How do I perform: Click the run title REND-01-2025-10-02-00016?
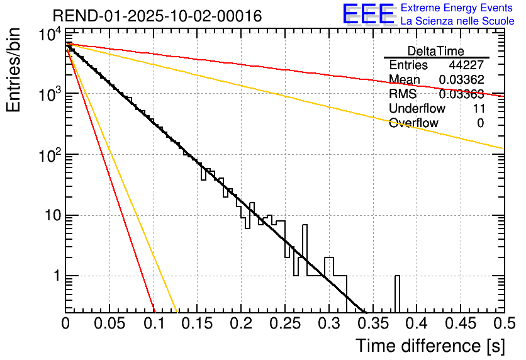click(x=157, y=15)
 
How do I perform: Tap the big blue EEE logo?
click(x=367, y=13)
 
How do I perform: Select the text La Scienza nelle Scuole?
click(x=457, y=21)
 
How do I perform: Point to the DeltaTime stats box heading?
click(x=436, y=51)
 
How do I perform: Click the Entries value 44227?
click(x=466, y=65)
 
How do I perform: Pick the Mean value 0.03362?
click(x=461, y=80)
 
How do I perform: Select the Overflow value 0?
click(x=480, y=123)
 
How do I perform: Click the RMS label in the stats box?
click(x=402, y=94)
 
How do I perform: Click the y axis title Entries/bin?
click(x=16, y=70)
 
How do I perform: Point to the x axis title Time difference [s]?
click(x=428, y=346)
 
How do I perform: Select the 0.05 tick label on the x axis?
click(x=109, y=323)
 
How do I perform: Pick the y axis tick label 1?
click(x=54, y=277)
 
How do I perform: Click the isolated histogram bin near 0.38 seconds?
click(x=397, y=293)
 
